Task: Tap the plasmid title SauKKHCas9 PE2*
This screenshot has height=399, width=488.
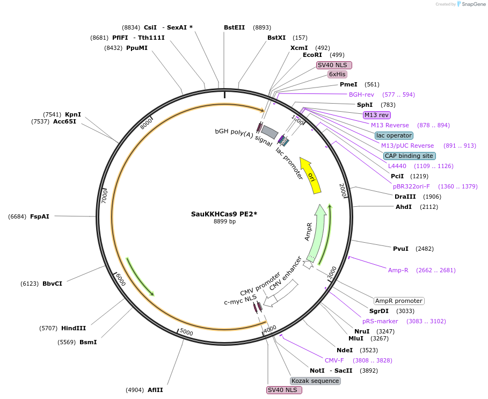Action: (x=224, y=214)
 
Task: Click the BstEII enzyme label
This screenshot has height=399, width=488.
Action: (x=234, y=27)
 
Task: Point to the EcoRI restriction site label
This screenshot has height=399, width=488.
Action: (x=312, y=55)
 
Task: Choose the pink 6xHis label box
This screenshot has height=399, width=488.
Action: (x=338, y=75)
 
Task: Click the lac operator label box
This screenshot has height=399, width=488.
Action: (x=394, y=135)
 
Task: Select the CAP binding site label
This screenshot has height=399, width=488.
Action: (x=409, y=156)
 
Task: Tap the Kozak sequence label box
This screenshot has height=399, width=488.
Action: (x=315, y=381)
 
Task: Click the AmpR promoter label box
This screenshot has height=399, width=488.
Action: (x=398, y=301)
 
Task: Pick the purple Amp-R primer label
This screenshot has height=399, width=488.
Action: (x=398, y=270)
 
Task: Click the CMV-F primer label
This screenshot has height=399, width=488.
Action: (x=334, y=360)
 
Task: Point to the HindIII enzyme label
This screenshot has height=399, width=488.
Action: (x=74, y=328)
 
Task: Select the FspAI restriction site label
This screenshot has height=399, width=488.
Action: (x=40, y=216)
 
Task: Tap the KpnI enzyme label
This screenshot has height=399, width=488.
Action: (x=73, y=114)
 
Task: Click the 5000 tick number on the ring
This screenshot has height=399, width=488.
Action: (x=186, y=332)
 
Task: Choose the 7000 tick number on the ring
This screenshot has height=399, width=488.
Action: (x=105, y=195)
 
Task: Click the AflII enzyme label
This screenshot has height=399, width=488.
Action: (x=155, y=390)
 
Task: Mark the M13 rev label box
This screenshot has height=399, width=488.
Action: (x=377, y=115)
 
